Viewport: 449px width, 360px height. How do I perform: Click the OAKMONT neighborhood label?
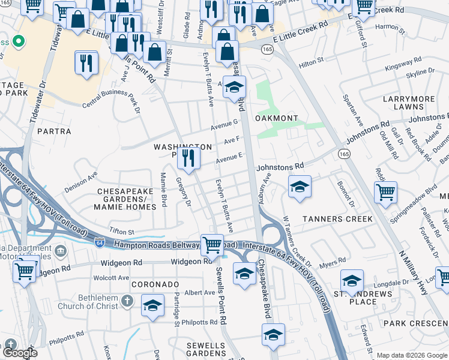click(x=277, y=118)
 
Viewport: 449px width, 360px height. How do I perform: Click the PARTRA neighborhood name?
click(x=55, y=130)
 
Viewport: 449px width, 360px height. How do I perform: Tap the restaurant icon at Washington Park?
click(x=189, y=158)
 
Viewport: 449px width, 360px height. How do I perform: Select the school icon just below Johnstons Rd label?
click(x=299, y=187)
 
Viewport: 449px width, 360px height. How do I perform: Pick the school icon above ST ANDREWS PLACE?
click(x=352, y=280)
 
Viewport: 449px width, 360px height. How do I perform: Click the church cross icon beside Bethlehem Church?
click(x=127, y=299)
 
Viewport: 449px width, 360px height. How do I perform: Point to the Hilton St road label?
click(x=311, y=61)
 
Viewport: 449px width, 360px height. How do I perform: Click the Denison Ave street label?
click(x=80, y=181)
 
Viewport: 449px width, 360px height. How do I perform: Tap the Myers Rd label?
click(x=331, y=262)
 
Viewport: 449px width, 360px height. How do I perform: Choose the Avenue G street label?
click(x=224, y=125)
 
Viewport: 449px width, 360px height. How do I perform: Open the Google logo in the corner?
click(x=20, y=353)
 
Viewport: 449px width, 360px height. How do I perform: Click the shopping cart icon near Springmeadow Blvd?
click(x=385, y=193)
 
